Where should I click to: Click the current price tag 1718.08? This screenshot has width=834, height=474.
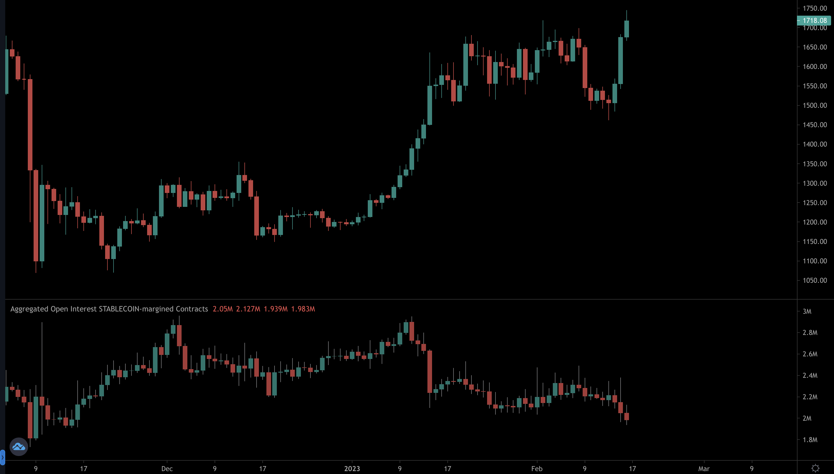coord(814,21)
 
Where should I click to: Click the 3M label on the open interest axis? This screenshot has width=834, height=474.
coord(807,311)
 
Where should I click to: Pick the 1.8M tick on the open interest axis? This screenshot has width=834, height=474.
coord(810,440)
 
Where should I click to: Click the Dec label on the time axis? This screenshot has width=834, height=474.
coord(167,469)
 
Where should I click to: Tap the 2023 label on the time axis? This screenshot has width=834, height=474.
coord(352,469)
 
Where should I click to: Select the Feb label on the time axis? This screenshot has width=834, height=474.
coord(537,469)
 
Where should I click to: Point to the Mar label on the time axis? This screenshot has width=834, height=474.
coord(704,469)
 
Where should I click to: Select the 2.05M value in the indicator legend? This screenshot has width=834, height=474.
coord(222,309)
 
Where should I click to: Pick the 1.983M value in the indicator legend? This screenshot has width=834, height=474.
coord(303,309)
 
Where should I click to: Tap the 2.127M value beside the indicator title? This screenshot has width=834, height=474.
coord(248,309)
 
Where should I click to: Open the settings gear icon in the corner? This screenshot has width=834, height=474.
coord(815,468)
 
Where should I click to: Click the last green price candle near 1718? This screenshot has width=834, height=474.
coord(626,29)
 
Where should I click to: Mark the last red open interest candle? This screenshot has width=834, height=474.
coord(626,416)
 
